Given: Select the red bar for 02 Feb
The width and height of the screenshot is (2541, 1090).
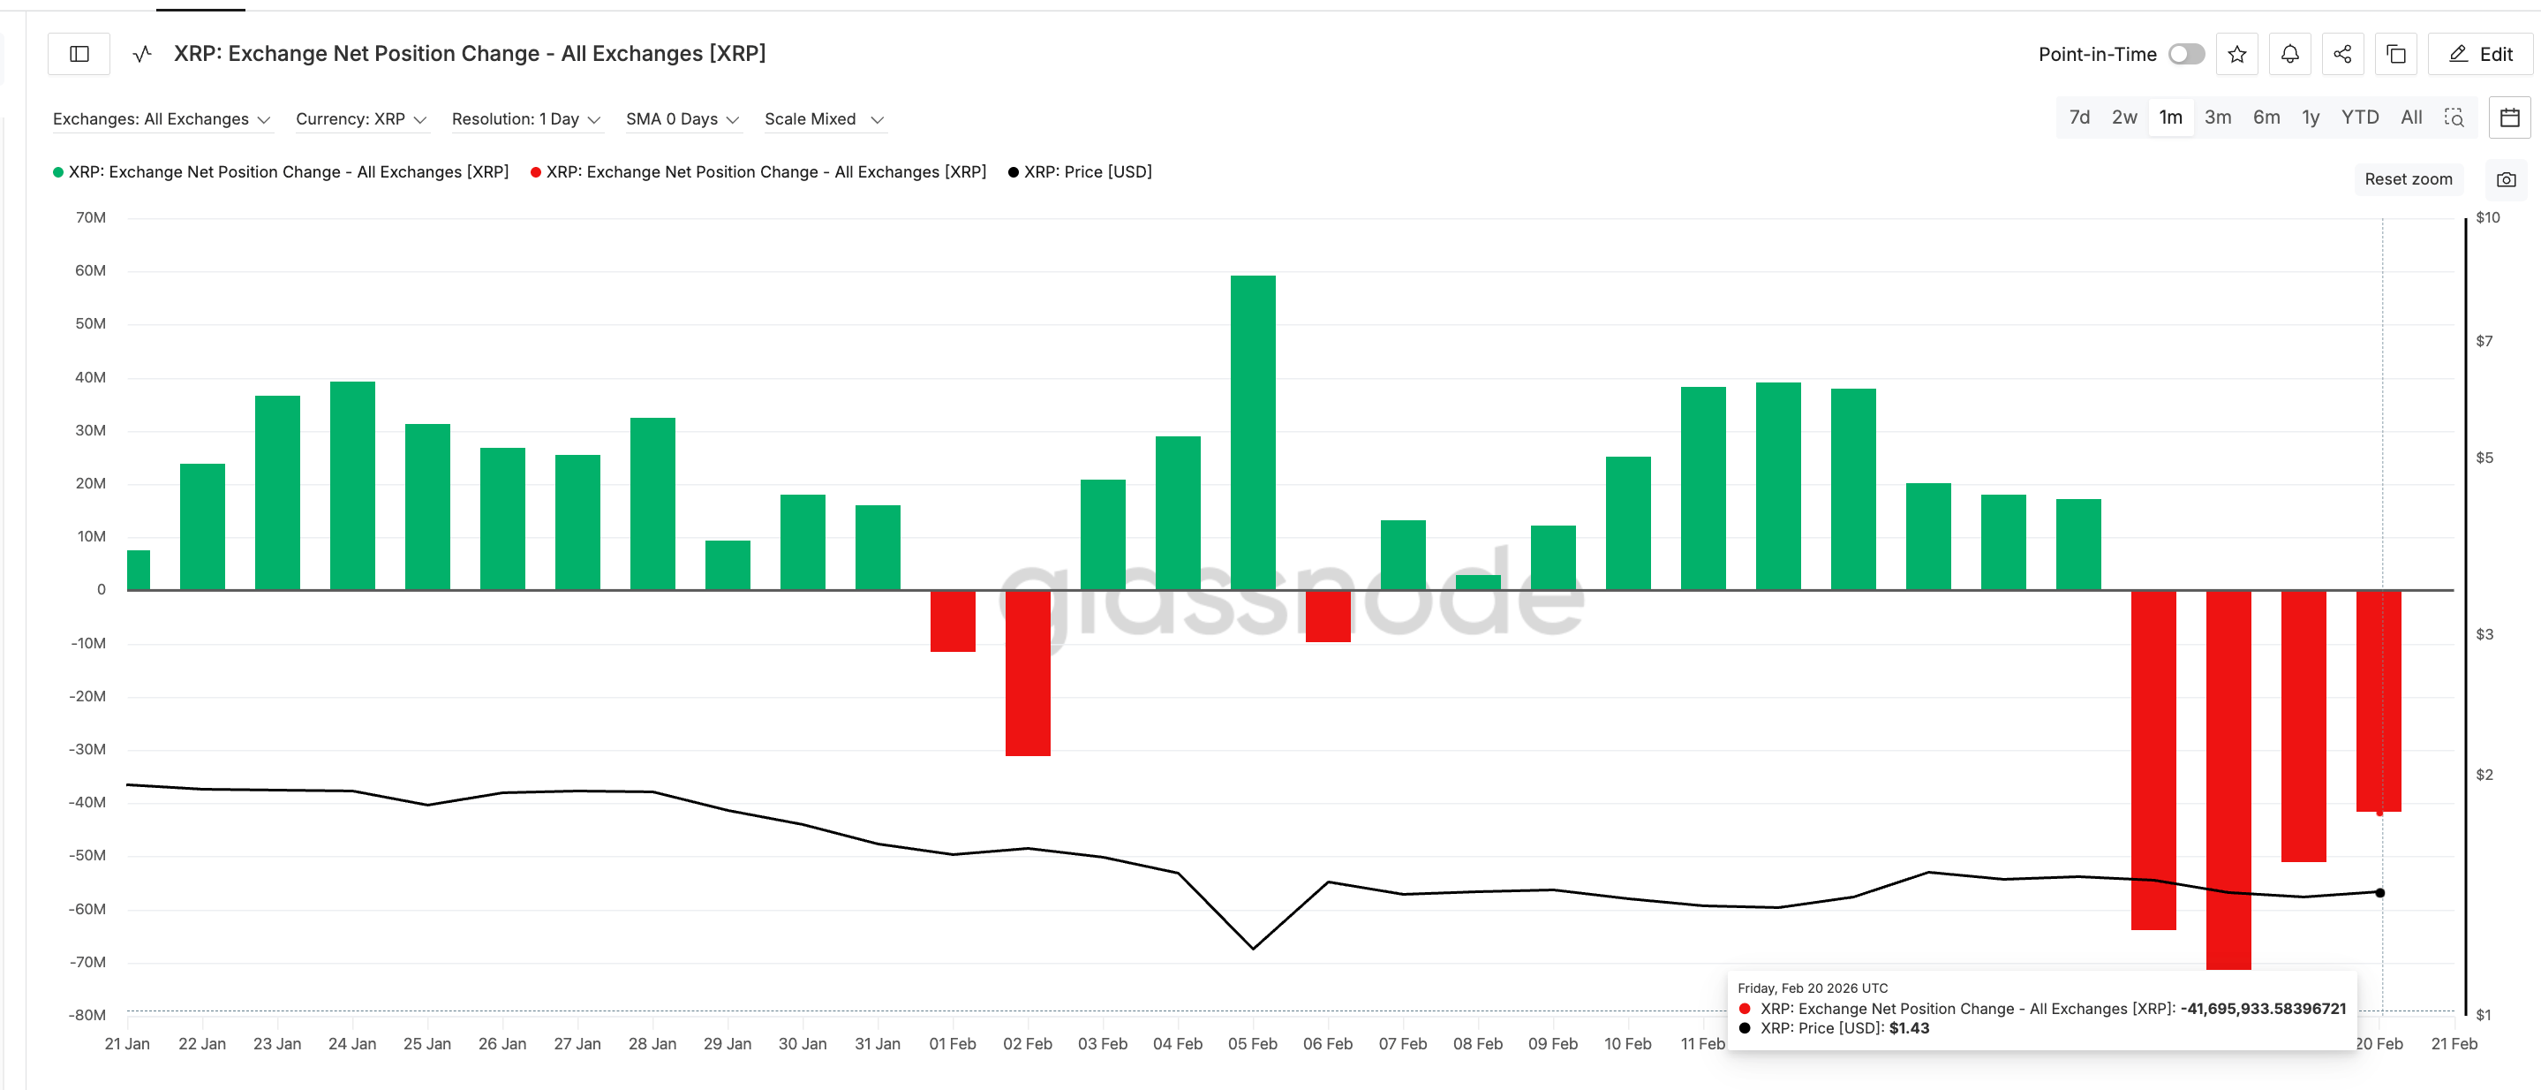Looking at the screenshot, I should [x=1027, y=673].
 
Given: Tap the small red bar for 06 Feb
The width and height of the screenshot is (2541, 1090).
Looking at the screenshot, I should [x=1327, y=616].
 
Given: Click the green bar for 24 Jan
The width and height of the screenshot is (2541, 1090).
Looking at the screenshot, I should [x=352, y=485].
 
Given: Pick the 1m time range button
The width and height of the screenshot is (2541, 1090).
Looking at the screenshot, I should [x=2169, y=117].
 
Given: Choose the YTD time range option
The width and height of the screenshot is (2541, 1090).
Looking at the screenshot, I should [x=2358, y=117].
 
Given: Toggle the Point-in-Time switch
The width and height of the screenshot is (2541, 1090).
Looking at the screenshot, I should [x=2185, y=54].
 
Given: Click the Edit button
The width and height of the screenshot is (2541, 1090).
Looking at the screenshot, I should [x=2480, y=54].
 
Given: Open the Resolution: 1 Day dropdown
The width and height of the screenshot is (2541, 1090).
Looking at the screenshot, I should [x=524, y=119].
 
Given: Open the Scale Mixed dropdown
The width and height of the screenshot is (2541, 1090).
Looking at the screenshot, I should [x=823, y=119].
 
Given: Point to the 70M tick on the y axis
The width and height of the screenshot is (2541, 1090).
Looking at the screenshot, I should [x=91, y=217].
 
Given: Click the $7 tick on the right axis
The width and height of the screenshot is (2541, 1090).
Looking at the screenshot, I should [x=2483, y=341].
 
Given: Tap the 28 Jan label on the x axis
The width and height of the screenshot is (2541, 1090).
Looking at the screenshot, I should [x=652, y=1044].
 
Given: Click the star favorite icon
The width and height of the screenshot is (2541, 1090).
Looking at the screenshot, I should [x=2236, y=54].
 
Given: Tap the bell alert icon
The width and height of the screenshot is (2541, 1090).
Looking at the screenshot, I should [x=2289, y=54].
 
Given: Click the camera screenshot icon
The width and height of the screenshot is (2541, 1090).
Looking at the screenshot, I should [x=2506, y=179].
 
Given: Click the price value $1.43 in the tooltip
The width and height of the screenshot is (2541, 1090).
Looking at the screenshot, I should [x=1908, y=1028].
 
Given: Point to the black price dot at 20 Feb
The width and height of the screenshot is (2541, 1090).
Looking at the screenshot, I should [x=2379, y=893].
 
